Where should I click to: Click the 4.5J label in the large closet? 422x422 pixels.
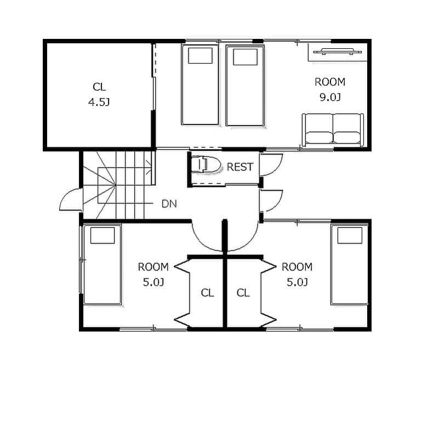[99, 102]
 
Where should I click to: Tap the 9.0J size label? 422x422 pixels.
[330, 97]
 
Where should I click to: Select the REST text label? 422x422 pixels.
[240, 167]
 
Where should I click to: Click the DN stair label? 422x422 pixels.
[169, 204]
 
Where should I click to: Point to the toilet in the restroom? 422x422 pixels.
[206, 164]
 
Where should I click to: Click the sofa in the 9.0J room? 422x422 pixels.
[333, 130]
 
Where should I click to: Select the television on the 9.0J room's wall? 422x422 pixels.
[337, 51]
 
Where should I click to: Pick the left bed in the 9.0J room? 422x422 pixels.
[200, 85]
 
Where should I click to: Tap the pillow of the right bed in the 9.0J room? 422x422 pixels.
[245, 57]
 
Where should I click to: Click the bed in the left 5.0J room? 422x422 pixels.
[102, 265]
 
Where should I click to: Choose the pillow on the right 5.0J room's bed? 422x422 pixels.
[350, 236]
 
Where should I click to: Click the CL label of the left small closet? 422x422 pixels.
[208, 293]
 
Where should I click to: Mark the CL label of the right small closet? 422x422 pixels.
[243, 293]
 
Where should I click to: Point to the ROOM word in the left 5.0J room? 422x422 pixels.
[153, 267]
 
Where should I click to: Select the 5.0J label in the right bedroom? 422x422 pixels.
[297, 282]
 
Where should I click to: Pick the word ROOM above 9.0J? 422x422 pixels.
[330, 82]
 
